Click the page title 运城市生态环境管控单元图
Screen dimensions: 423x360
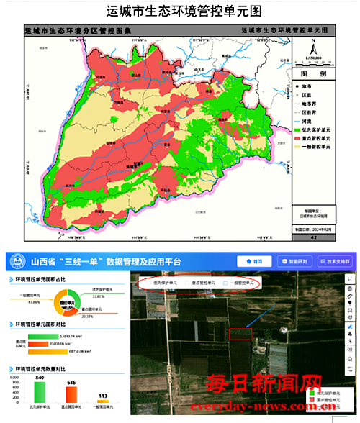pyautogui.click(x=179, y=12)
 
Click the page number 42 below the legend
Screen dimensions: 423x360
pyautogui.click(x=313, y=235)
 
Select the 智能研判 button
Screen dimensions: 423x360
pyautogui.click(x=294, y=261)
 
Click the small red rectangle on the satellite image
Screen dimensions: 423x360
pyautogui.click(x=241, y=333)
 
